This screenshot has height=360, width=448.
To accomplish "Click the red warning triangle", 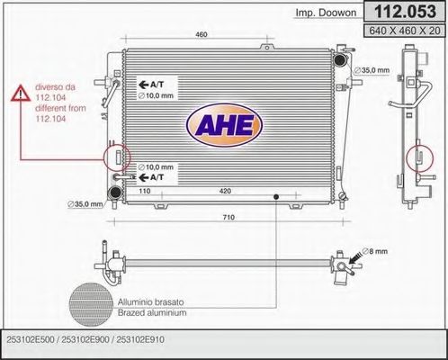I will point(20,93).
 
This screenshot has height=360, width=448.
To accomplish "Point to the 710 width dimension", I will point(228,218).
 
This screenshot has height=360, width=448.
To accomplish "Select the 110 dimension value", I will point(144,192).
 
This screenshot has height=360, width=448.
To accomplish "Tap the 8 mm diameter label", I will point(375,252).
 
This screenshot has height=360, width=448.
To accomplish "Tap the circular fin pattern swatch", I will point(88,306).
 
